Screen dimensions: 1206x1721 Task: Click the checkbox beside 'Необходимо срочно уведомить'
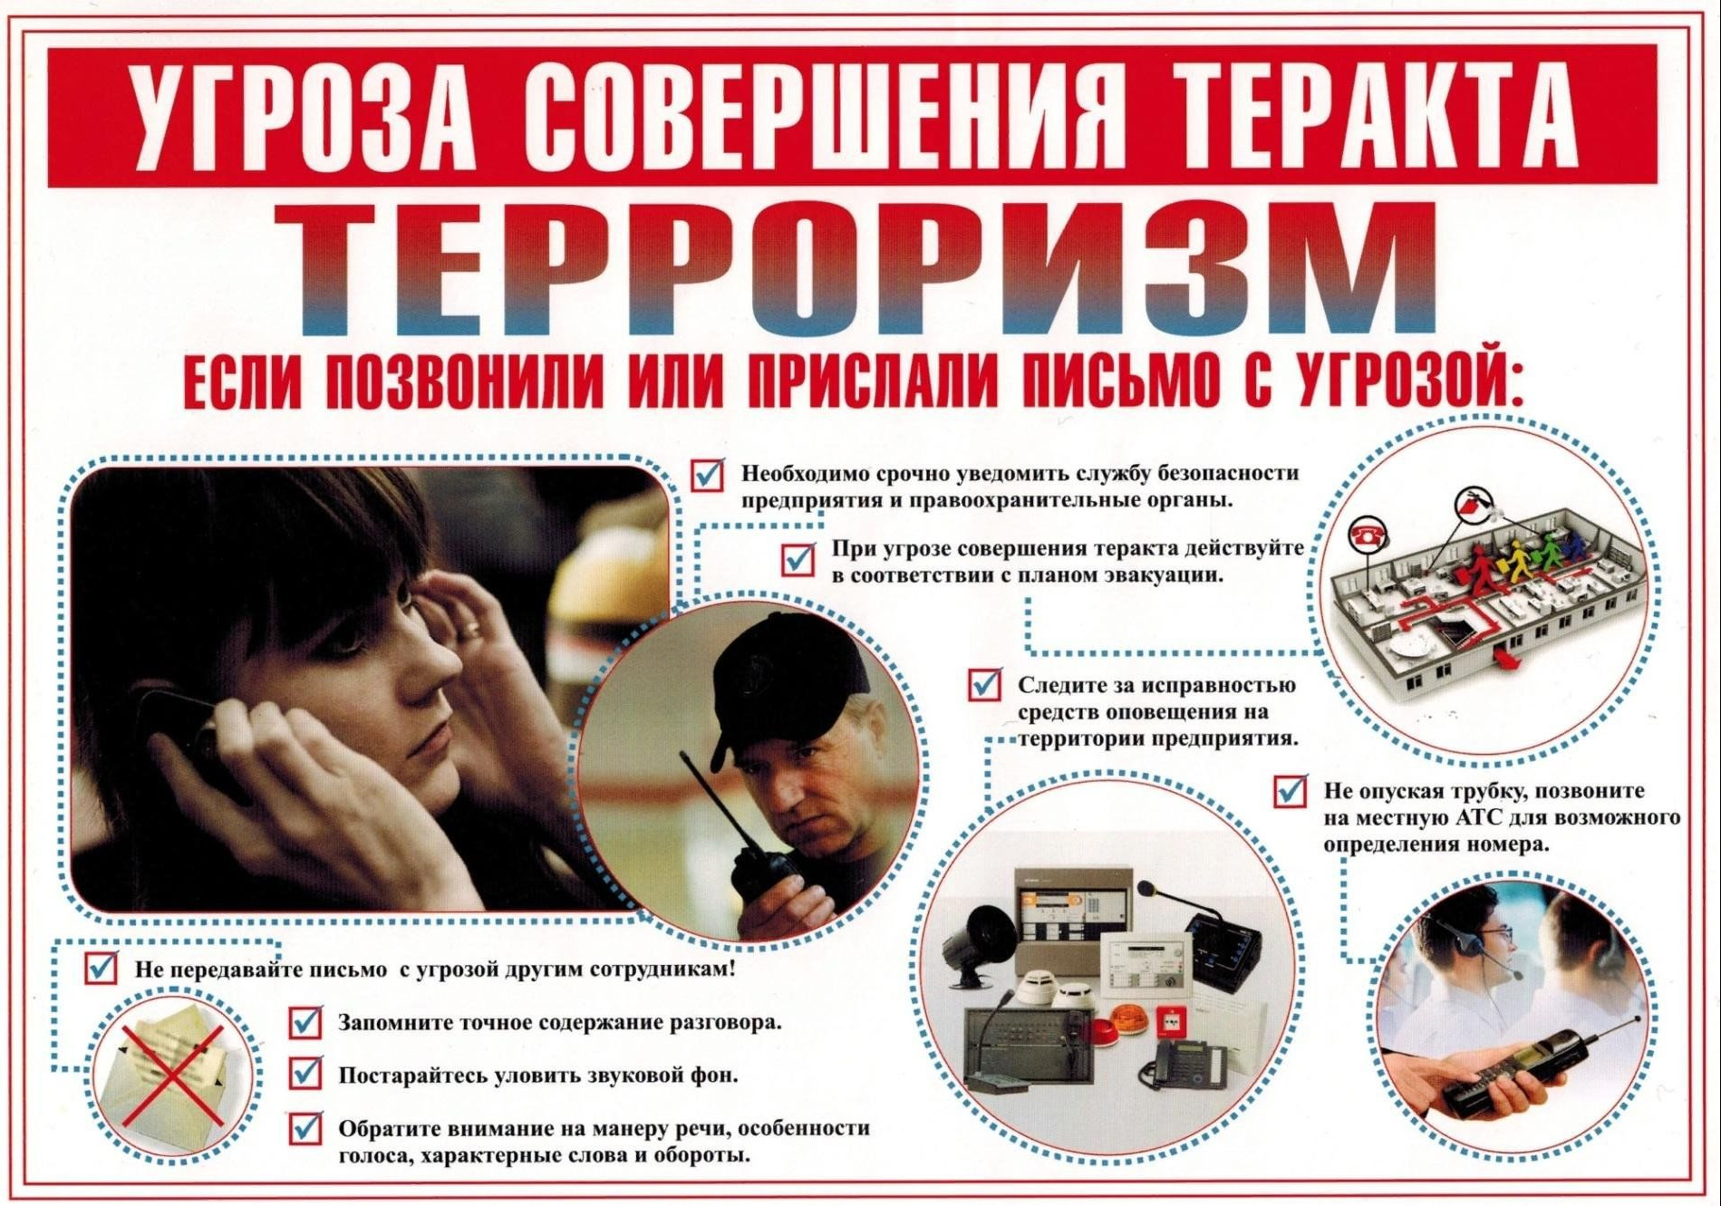[708, 475]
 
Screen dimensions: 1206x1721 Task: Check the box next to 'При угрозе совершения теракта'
[798, 559]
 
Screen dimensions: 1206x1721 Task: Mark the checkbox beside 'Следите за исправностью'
[984, 685]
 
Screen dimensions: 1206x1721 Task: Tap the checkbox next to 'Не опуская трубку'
[1290, 791]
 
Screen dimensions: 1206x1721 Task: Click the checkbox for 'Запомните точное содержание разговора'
[305, 1023]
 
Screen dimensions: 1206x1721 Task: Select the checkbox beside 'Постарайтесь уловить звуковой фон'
[305, 1075]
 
